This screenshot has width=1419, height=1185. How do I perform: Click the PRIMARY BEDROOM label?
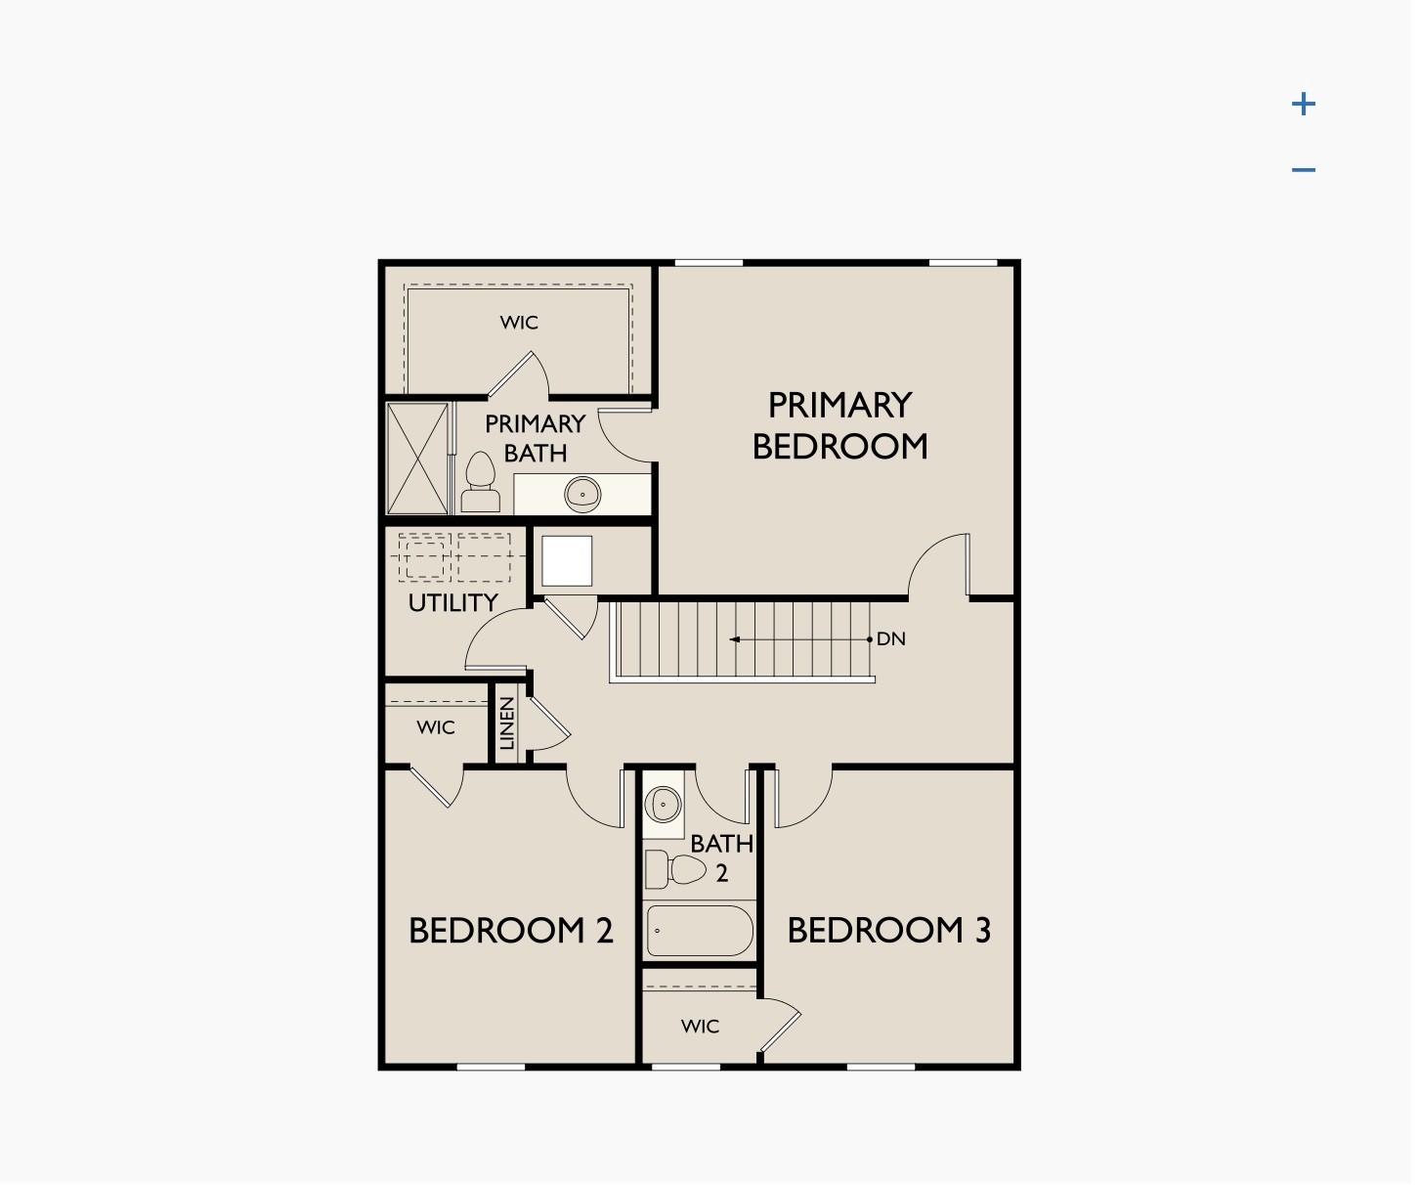click(839, 426)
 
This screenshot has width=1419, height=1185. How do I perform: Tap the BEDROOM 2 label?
click(510, 931)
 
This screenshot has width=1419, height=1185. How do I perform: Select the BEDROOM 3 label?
click(888, 931)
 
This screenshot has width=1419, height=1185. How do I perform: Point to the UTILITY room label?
click(452, 603)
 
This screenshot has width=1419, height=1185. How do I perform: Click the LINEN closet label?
click(507, 724)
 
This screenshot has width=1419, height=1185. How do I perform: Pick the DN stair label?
click(890, 639)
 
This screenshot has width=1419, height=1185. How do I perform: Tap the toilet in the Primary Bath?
click(480, 483)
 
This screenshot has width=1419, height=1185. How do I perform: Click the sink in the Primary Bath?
click(582, 494)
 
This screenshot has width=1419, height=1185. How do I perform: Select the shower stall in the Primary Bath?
click(418, 459)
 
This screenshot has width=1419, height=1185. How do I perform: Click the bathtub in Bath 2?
click(700, 930)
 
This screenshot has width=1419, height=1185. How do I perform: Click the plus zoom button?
click(1303, 104)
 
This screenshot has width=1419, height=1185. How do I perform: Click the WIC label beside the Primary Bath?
click(519, 323)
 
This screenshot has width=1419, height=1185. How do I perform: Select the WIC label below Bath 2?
click(700, 1027)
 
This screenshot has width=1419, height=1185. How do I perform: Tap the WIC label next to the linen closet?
click(435, 727)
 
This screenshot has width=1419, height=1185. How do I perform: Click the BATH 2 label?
click(722, 857)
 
